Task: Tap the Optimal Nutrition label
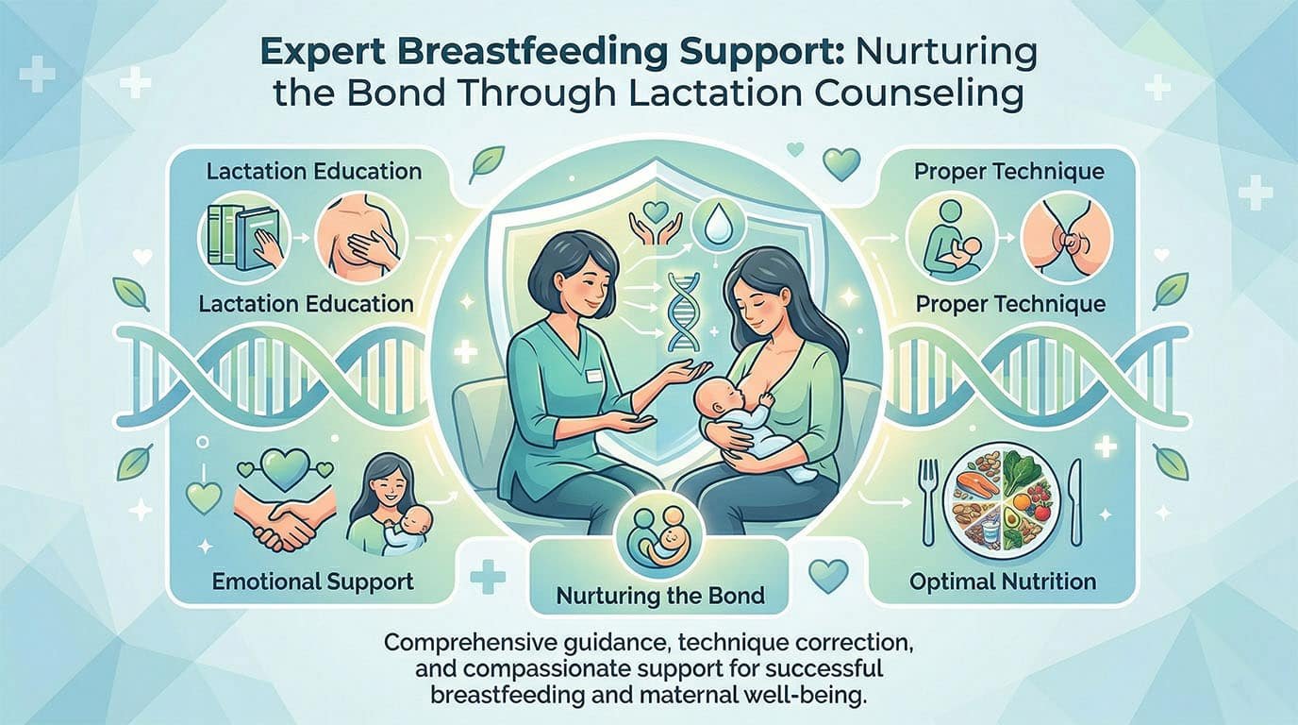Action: (1003, 581)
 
